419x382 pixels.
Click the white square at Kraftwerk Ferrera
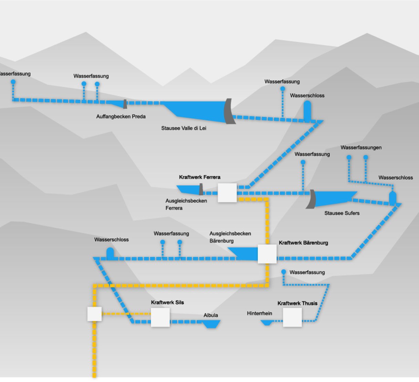tap(227, 193)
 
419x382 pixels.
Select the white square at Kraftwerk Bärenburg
tap(267, 254)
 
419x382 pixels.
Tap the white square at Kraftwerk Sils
tap(160, 317)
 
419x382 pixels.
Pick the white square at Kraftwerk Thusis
tap(292, 317)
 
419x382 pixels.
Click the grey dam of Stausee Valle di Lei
tap(229, 111)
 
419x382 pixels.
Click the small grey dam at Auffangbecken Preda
tap(125, 104)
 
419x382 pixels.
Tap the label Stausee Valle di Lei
tap(184, 128)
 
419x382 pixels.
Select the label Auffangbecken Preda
tap(121, 117)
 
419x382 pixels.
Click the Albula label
tap(211, 315)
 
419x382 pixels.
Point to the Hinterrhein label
tap(260, 313)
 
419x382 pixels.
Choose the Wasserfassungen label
tap(361, 148)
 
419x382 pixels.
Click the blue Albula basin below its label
tap(211, 324)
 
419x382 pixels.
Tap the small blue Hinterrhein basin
tap(267, 323)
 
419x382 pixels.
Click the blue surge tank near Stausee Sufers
tap(392, 198)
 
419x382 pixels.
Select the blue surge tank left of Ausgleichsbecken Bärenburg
tap(110, 254)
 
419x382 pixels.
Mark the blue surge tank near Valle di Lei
tap(307, 111)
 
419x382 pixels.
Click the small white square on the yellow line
tap(94, 314)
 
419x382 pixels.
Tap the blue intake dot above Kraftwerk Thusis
tap(284, 272)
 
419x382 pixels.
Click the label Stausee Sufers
tap(342, 213)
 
